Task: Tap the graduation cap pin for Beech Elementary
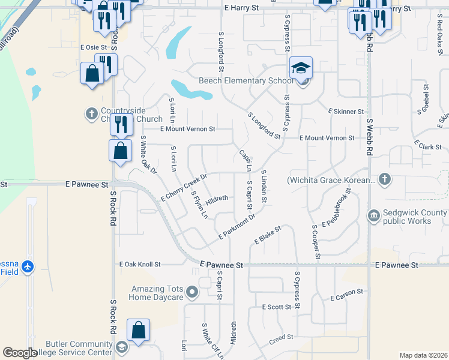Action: click(x=301, y=68)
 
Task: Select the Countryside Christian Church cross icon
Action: click(x=91, y=112)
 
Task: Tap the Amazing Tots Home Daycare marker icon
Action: click(x=192, y=292)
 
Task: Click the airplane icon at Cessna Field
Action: click(x=27, y=265)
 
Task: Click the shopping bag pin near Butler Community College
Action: click(x=138, y=331)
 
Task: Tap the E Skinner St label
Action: click(x=346, y=112)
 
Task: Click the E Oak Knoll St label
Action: click(x=140, y=264)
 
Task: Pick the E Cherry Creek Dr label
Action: click(x=184, y=188)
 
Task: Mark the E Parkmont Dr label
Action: click(x=237, y=227)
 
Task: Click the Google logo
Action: click(x=20, y=353)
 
